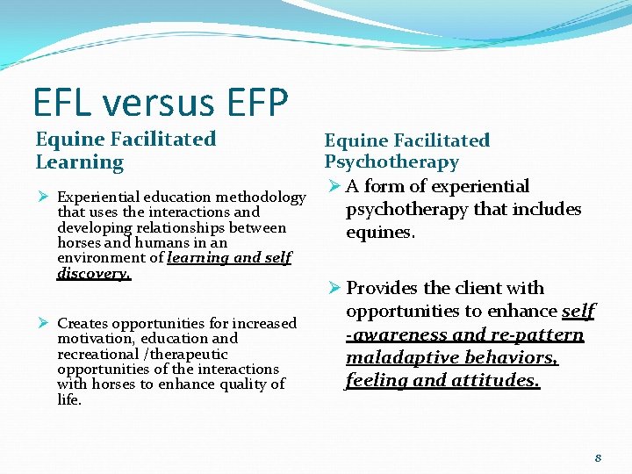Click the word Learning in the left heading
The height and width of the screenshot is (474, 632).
coord(80,162)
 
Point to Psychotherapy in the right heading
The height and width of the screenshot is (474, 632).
coord(391,162)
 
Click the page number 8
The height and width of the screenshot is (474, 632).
coord(598,457)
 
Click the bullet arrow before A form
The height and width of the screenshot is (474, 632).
coord(332,186)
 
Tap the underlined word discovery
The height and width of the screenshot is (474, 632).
coord(93,274)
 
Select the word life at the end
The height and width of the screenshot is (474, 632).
coord(68,400)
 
